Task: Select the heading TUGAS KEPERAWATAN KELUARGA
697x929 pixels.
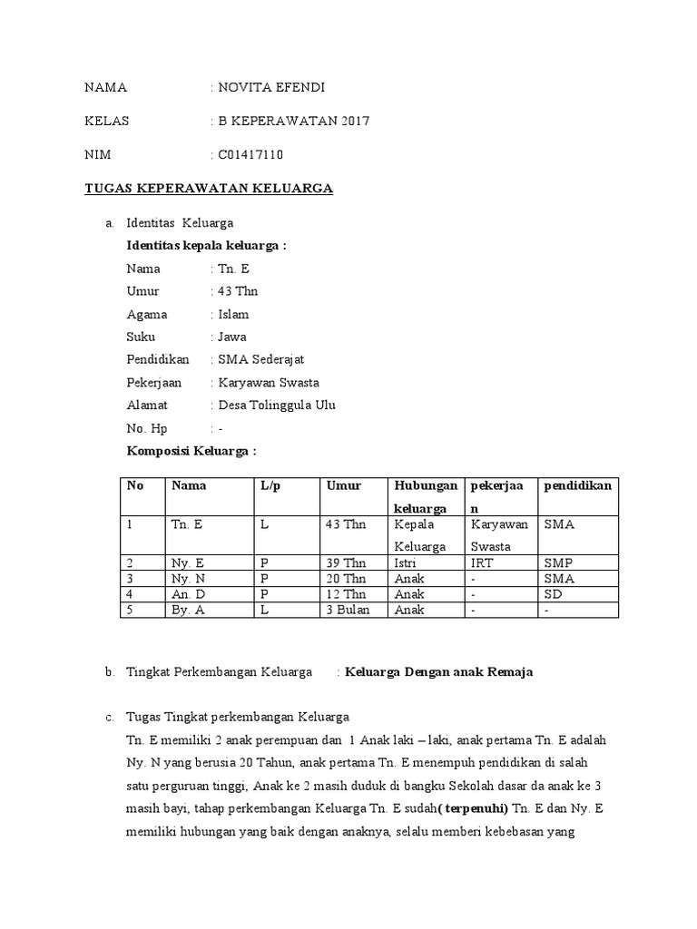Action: coord(209,189)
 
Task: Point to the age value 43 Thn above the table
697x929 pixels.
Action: coord(238,291)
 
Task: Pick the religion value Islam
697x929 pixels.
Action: coord(233,314)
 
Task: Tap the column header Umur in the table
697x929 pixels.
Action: coord(343,485)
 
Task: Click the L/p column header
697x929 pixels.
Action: coord(270,485)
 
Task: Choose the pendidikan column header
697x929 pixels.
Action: coord(577,485)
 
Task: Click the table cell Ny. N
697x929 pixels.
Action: coord(186,579)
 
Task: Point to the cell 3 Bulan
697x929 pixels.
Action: coord(347,610)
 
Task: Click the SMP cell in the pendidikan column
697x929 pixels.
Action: coord(558,563)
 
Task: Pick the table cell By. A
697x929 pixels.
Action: coord(187,610)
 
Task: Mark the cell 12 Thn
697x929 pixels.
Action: coord(346,594)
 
